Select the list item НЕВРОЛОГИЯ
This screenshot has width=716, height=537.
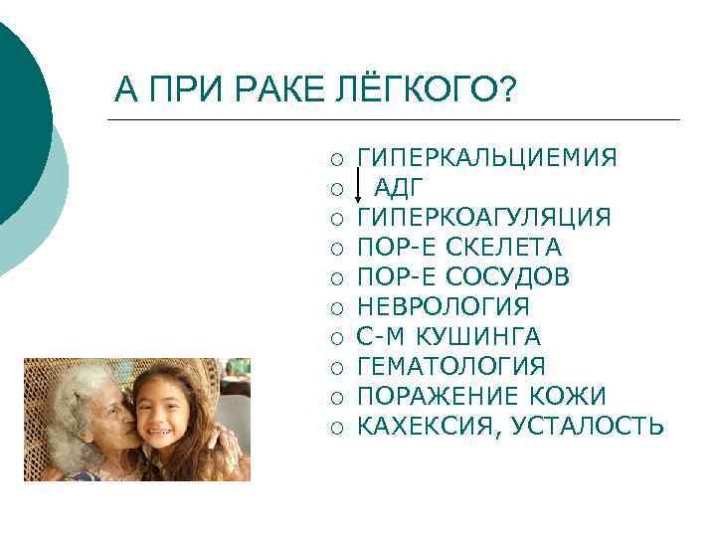pyautogui.click(x=443, y=307)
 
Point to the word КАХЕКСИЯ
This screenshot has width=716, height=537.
pyautogui.click(x=422, y=427)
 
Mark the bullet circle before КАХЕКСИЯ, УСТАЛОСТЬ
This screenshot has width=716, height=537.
pyautogui.click(x=338, y=428)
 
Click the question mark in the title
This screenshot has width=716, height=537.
pyautogui.click(x=507, y=92)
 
